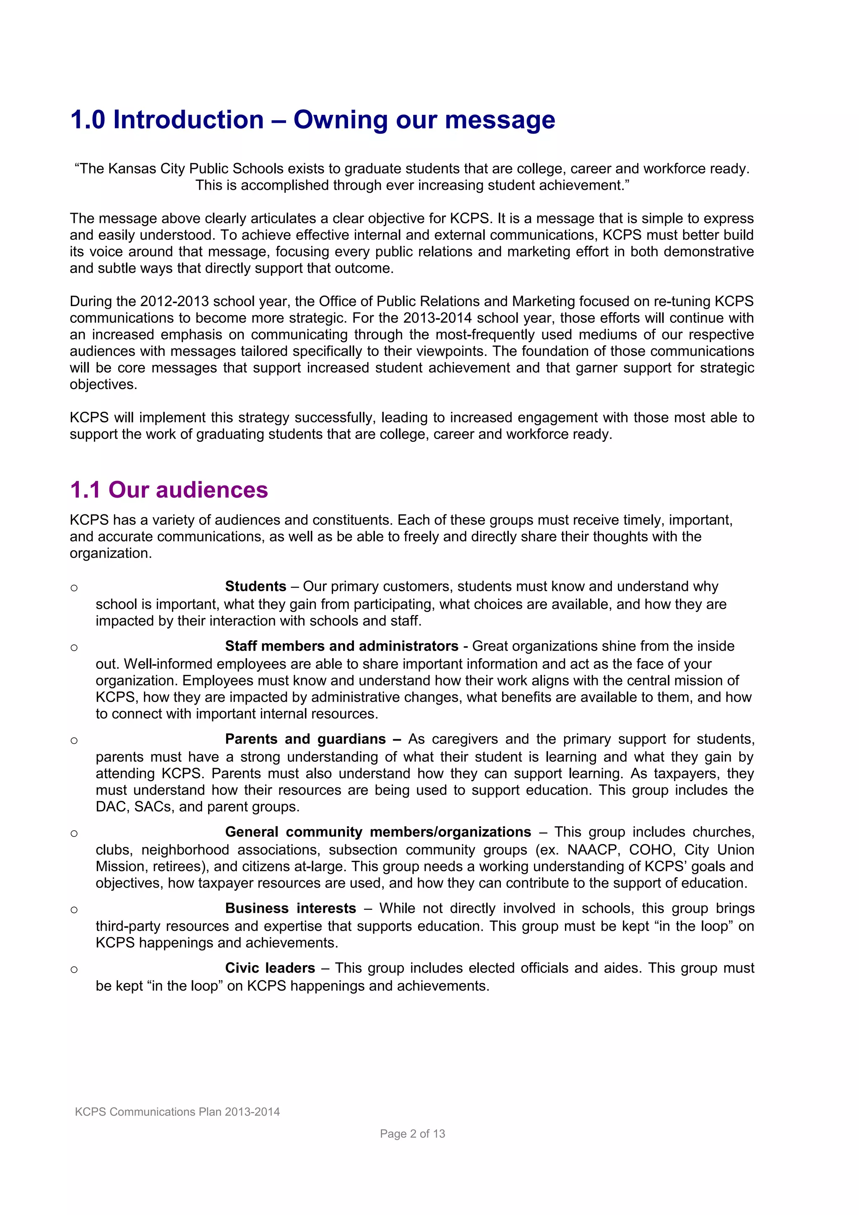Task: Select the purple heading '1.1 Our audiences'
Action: (169, 490)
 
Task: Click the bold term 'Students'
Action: (255, 587)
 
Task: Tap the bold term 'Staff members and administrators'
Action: (341, 646)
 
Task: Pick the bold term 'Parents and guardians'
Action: (305, 739)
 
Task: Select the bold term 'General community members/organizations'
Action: (378, 832)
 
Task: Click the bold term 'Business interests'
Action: (290, 908)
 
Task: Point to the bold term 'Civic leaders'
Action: (270, 968)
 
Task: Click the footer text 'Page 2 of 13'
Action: (412, 1134)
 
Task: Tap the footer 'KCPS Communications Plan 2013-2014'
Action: (177, 1112)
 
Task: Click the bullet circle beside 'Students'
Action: (74, 587)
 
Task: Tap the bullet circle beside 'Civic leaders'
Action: (74, 969)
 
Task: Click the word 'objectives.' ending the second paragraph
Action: (103, 385)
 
